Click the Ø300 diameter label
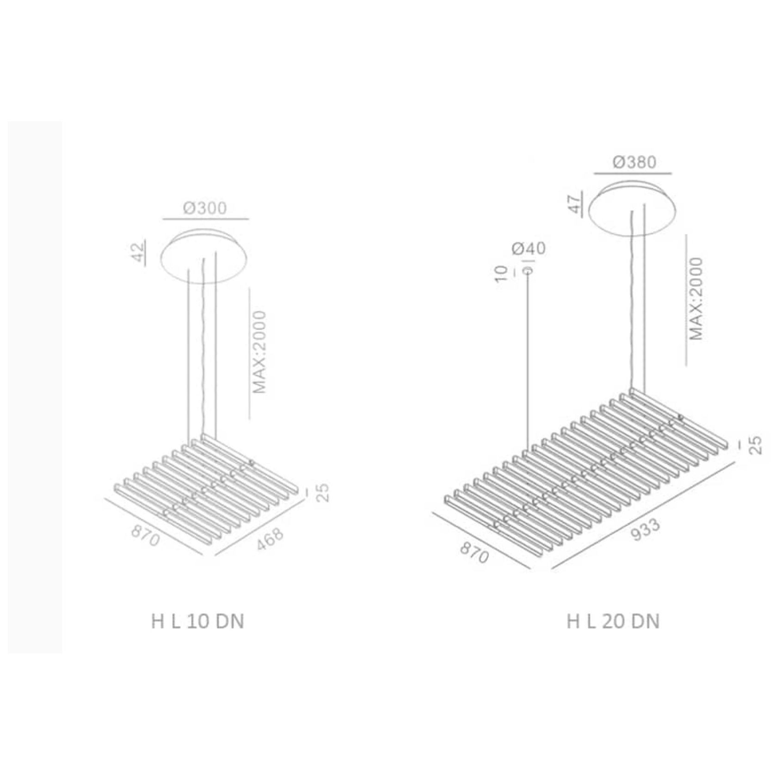point(205,208)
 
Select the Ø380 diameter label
point(634,162)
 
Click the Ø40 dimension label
point(529,248)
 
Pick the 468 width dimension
point(270,538)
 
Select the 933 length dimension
point(646,529)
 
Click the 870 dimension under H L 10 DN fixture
point(145,535)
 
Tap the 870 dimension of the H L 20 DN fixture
point(474,553)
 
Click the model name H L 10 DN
point(197,621)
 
